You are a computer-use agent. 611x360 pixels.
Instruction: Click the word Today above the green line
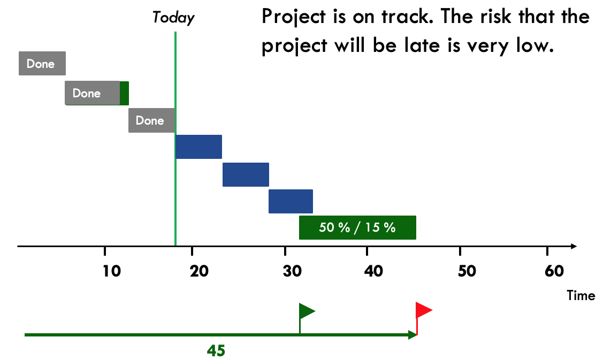pyautogui.click(x=173, y=18)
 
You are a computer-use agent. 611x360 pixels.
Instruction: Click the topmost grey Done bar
pyautogui.click(x=42, y=63)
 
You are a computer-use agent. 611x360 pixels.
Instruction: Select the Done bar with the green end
pyautogui.click(x=97, y=93)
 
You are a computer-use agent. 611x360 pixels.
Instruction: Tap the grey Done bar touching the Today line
pyautogui.click(x=151, y=120)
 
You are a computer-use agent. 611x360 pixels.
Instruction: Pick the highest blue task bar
pyautogui.click(x=198, y=147)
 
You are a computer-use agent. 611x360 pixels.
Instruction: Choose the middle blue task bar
pyautogui.click(x=246, y=174)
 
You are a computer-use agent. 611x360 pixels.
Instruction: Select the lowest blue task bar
pyautogui.click(x=291, y=202)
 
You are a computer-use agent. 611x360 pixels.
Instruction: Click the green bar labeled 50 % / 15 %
pyautogui.click(x=357, y=227)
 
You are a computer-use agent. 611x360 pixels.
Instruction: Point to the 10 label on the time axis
pyautogui.click(x=111, y=271)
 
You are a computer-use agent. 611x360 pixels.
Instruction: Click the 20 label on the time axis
pyautogui.click(x=199, y=271)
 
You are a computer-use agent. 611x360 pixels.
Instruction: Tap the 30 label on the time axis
pyautogui.click(x=292, y=271)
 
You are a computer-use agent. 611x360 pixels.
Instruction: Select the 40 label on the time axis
pyautogui.click(x=373, y=271)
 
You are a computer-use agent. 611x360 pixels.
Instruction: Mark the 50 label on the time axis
pyautogui.click(x=467, y=271)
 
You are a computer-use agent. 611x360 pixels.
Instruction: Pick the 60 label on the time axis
pyautogui.click(x=554, y=271)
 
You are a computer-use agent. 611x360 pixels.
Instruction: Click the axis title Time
pyautogui.click(x=581, y=296)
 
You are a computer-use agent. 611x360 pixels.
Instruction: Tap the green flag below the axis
pyautogui.click(x=307, y=318)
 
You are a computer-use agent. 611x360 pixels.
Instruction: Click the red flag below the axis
pyautogui.click(x=424, y=318)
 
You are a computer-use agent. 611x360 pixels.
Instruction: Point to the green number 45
pyautogui.click(x=216, y=351)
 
